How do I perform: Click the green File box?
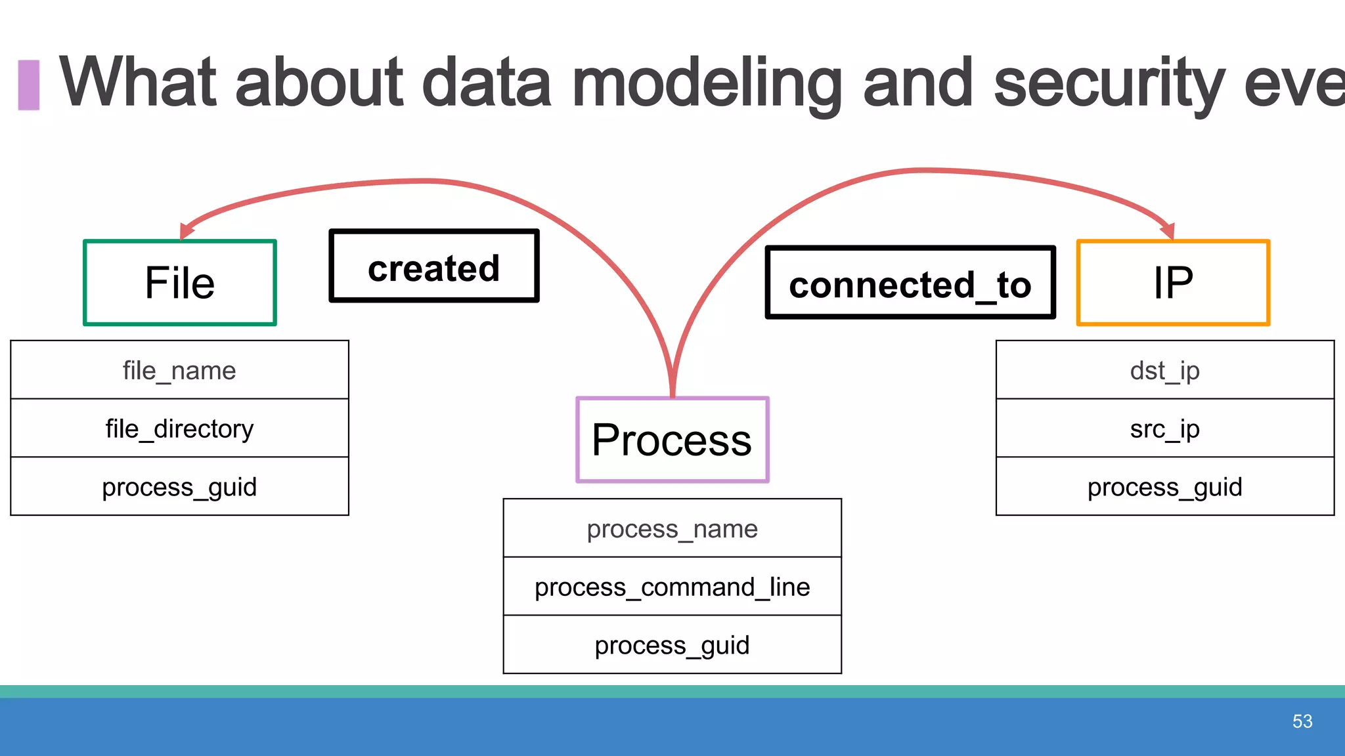[180, 283]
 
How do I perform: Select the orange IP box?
[1173, 283]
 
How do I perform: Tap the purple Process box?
[672, 440]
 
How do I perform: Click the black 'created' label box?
[434, 266]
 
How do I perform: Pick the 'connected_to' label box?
[910, 283]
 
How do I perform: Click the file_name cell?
[179, 370]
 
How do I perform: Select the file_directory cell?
[179, 429]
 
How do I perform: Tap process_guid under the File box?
[179, 487]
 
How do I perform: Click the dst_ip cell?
[1164, 370]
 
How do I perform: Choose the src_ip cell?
[1164, 429]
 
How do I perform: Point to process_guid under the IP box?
[1164, 487]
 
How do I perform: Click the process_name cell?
[672, 528]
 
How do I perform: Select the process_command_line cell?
[672, 587]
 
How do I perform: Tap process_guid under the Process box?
[672, 645]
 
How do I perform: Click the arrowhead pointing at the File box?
[187, 230]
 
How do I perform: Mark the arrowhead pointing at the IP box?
[1168, 230]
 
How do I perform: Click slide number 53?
[1302, 721]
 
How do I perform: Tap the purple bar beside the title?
[29, 85]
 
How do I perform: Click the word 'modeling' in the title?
[707, 84]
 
